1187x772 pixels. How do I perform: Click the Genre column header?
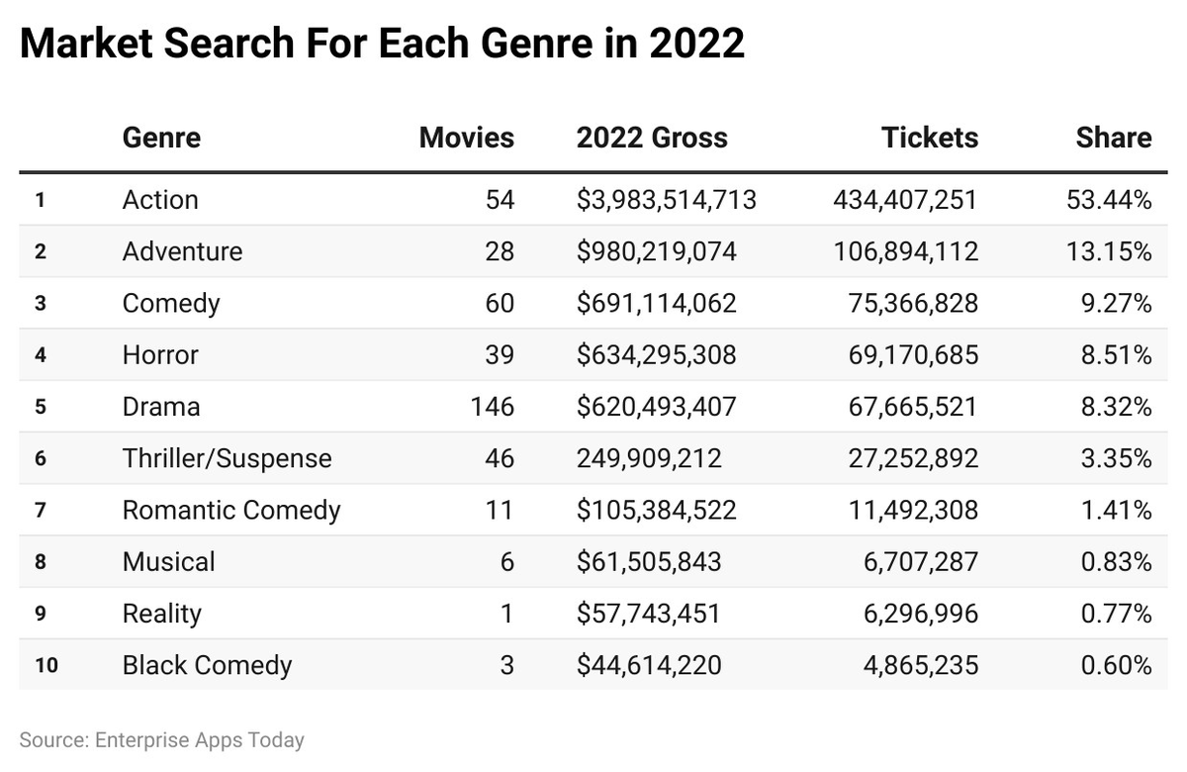[161, 138]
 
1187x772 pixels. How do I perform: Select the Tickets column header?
[929, 138]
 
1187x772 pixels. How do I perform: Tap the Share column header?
[1114, 138]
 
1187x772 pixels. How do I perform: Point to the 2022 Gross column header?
[652, 138]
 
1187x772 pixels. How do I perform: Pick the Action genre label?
[160, 200]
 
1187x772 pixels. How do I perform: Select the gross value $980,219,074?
[657, 251]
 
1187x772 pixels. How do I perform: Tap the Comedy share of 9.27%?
[1117, 303]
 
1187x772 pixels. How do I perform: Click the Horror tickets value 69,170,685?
[913, 354]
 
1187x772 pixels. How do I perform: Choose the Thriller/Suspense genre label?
[227, 458]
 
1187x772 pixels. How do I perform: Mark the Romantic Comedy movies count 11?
[501, 510]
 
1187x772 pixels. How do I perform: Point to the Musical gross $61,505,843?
[649, 562]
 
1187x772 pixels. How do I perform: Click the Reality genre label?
[161, 614]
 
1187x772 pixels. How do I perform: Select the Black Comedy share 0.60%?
[1117, 665]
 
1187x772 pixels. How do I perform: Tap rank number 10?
[46, 665]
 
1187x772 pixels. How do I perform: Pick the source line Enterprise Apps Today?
[161, 739]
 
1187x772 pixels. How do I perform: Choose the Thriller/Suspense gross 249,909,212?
[649, 458]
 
